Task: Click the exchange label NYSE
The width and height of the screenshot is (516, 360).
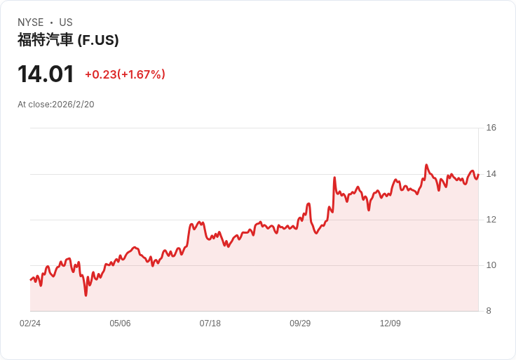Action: pos(30,22)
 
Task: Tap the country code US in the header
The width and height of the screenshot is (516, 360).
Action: pos(66,22)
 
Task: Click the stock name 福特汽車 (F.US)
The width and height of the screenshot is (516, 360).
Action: pos(68,40)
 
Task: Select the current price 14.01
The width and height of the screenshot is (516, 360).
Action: pos(46,74)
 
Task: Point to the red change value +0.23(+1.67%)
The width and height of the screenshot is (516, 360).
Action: pos(125,74)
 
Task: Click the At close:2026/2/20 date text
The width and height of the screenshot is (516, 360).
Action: pos(56,105)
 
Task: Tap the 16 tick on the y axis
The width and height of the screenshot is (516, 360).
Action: pos(491,128)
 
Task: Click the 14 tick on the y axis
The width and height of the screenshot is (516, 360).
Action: pos(491,173)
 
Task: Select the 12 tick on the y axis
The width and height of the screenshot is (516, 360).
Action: pos(491,220)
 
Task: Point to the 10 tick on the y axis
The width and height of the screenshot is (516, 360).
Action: pos(491,265)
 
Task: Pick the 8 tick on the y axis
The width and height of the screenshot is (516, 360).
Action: pos(489,311)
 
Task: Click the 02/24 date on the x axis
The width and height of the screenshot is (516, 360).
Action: pos(30,324)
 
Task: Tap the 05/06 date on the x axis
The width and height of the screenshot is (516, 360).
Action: pos(120,324)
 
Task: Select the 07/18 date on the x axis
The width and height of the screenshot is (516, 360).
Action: pos(210,324)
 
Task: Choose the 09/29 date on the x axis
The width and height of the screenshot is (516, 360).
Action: pos(300,324)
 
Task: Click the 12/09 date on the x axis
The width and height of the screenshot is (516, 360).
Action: pos(390,324)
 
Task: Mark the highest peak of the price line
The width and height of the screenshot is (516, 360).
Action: pos(426,165)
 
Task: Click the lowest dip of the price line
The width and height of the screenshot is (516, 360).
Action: pos(86,295)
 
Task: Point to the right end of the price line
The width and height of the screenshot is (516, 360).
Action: pos(478,175)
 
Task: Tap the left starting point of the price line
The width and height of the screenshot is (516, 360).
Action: pos(30,280)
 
